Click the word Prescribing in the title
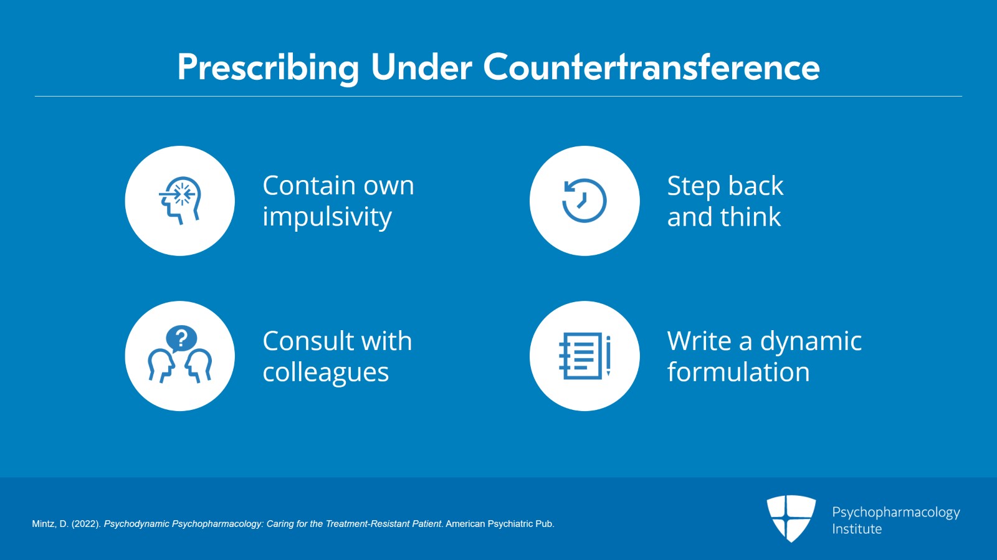coord(269,68)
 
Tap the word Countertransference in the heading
coord(652,67)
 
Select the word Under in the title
coord(421,67)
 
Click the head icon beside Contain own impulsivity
coord(180,201)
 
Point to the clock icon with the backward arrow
coord(584,200)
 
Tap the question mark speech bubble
coord(181,339)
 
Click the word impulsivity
coord(327,217)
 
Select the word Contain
coord(310,186)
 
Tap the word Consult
coord(307,341)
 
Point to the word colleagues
coord(326,373)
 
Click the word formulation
coord(738,372)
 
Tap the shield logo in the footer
coord(791,518)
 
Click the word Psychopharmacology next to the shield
coord(896,513)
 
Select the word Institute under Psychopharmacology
coord(857,529)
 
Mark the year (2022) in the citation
coord(86,524)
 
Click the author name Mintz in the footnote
coord(44,524)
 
